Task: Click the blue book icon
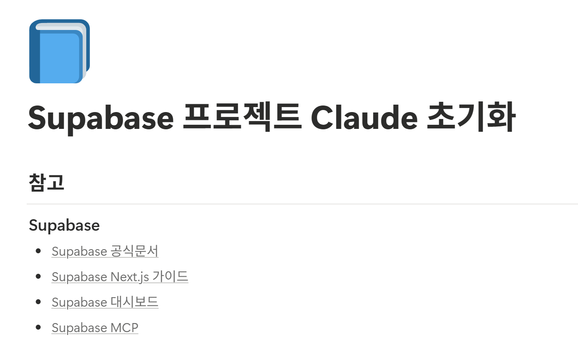click(60, 51)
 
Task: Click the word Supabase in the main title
click(101, 118)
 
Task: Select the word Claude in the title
click(364, 118)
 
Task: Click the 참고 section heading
click(47, 182)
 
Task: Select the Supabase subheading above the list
click(64, 225)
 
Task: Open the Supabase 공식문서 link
click(105, 251)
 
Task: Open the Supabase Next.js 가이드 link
click(120, 277)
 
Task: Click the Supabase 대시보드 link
click(105, 302)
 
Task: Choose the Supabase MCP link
click(95, 328)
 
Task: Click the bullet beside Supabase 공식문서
click(39, 251)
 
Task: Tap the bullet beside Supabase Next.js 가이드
click(39, 276)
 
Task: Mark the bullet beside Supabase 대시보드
click(39, 302)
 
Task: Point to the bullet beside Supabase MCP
click(39, 327)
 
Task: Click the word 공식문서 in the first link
click(134, 251)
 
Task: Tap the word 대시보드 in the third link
click(134, 302)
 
